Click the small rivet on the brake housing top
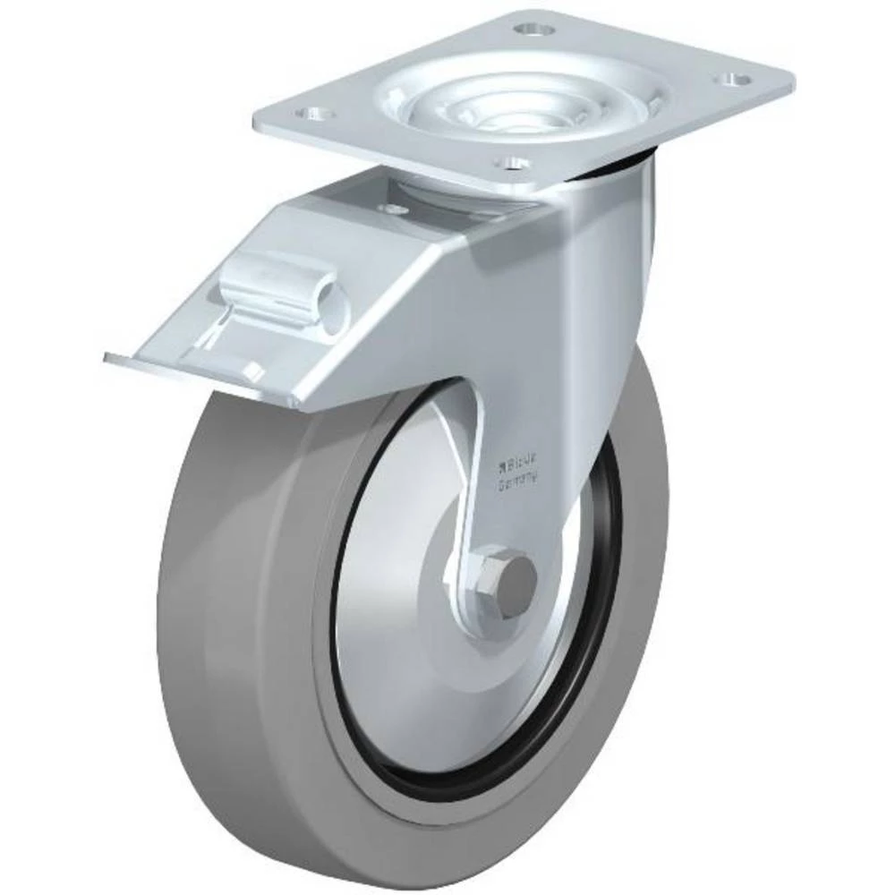tap(389, 209)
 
